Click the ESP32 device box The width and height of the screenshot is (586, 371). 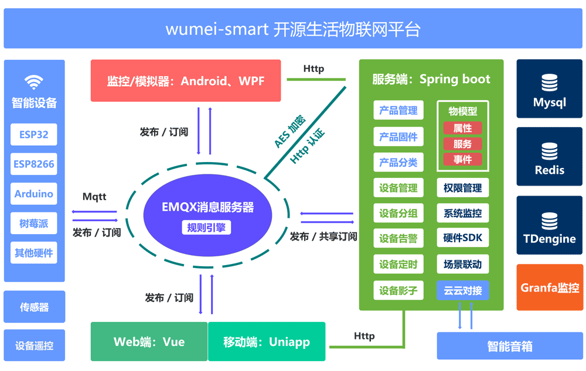click(34, 135)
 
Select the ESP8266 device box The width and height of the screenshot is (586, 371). click(34, 164)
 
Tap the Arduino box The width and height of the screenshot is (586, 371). click(34, 194)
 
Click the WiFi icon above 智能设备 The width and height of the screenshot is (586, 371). click(34, 81)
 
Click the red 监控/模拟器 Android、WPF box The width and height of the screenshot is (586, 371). click(186, 80)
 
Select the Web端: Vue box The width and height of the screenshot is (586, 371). click(149, 342)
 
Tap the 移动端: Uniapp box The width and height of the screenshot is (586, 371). click(267, 342)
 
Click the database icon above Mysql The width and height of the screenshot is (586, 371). click(550, 83)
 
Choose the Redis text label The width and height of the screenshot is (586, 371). click(550, 170)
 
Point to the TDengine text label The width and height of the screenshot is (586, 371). click(550, 239)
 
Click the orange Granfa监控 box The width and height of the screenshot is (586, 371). click(550, 287)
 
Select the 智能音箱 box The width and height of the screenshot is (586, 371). click(510, 346)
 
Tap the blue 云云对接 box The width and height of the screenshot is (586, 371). click(462, 290)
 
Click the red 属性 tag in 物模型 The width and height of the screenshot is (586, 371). click(462, 128)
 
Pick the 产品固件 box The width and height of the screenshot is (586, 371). click(398, 137)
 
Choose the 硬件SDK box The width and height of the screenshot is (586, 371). click(462, 238)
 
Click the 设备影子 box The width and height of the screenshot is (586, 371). click(398, 290)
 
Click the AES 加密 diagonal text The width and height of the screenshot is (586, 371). click(289, 131)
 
